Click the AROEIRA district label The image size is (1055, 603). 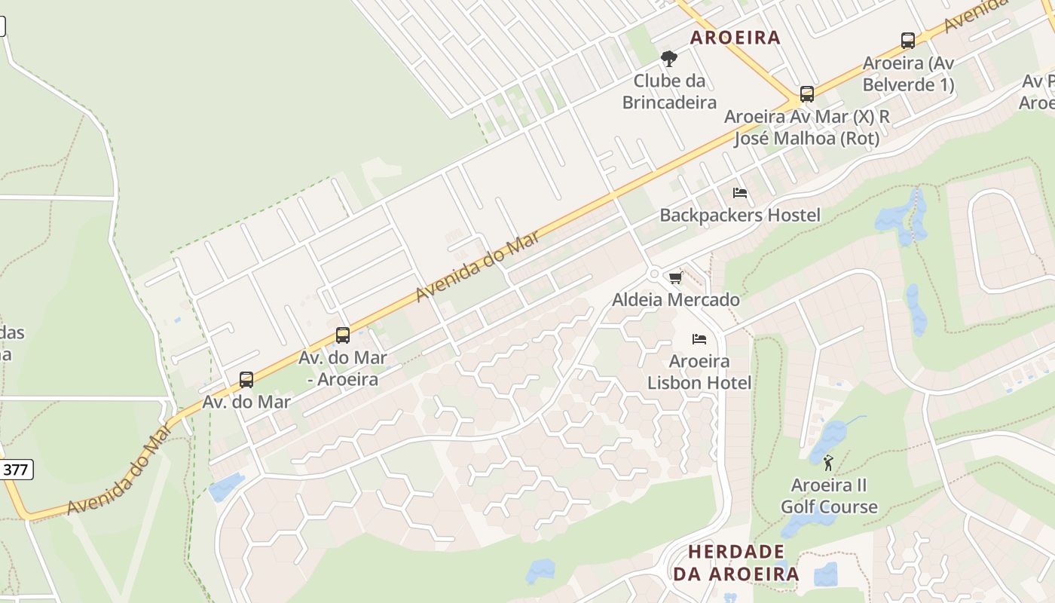(x=735, y=38)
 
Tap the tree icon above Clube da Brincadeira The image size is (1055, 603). (x=668, y=59)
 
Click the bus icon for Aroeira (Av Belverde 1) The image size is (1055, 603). (x=908, y=41)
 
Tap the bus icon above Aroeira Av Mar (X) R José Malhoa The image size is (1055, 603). (x=807, y=94)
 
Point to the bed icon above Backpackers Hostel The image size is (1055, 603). (x=740, y=193)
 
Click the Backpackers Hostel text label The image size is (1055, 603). (x=740, y=216)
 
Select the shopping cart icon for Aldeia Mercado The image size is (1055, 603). (x=676, y=278)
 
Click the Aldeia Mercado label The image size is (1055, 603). (x=676, y=300)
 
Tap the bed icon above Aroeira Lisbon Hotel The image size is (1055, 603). (x=699, y=339)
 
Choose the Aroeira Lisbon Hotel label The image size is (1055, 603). (x=699, y=372)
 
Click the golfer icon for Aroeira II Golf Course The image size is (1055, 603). (x=829, y=463)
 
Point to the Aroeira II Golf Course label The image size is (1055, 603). (x=829, y=496)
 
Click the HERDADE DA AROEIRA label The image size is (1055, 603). (x=735, y=563)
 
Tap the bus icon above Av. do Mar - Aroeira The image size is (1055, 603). (x=343, y=335)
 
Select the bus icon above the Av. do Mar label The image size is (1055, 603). (x=246, y=380)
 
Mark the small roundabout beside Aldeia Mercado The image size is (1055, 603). (x=653, y=274)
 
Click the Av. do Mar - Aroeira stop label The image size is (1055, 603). (x=343, y=369)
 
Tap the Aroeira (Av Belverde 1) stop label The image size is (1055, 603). (x=908, y=74)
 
